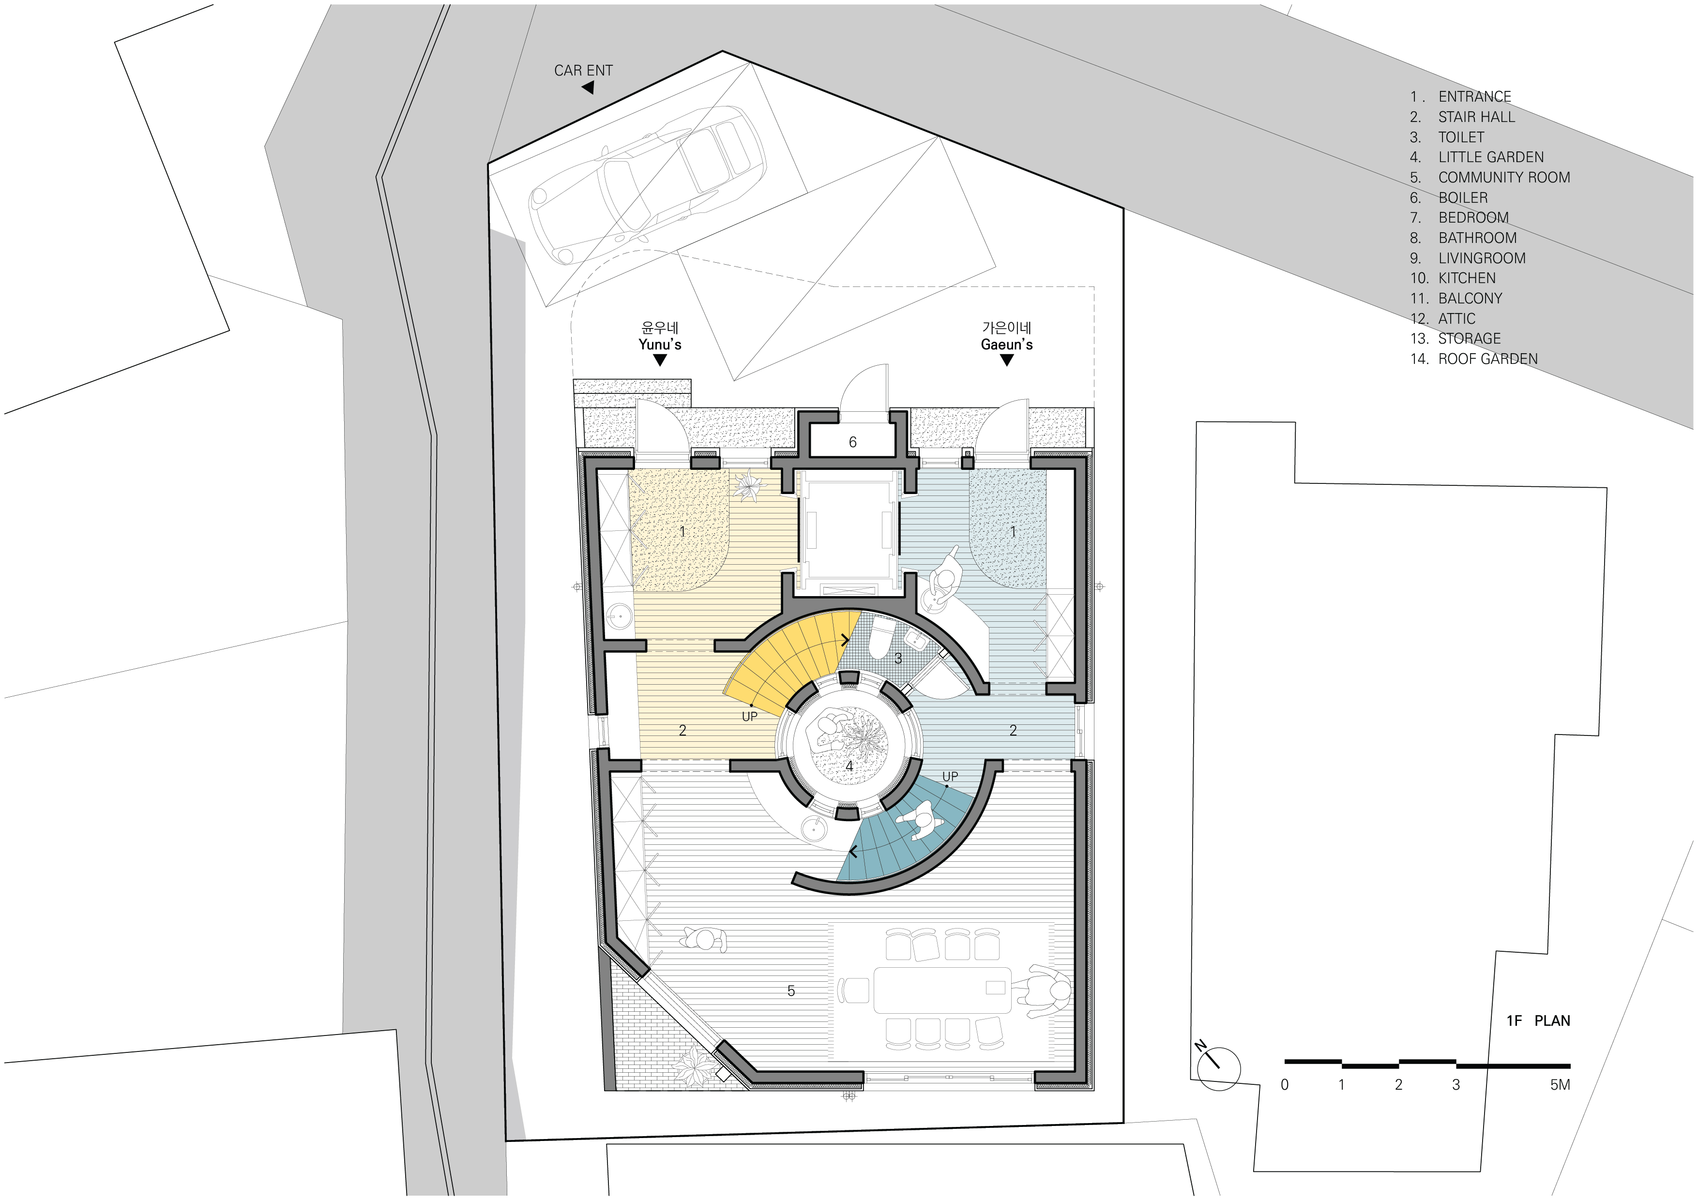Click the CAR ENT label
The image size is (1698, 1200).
click(583, 71)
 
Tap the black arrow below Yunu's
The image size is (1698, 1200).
click(660, 360)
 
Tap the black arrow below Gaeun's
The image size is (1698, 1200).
click(1006, 360)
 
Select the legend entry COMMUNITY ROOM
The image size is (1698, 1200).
click(1503, 178)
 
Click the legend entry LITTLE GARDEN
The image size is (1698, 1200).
click(1491, 157)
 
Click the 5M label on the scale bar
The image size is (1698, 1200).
click(1560, 1085)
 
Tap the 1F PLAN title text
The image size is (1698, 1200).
click(1538, 1021)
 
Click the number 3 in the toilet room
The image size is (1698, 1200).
click(898, 658)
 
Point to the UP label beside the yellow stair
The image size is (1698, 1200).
click(749, 717)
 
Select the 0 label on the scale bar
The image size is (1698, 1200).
click(1285, 1085)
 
